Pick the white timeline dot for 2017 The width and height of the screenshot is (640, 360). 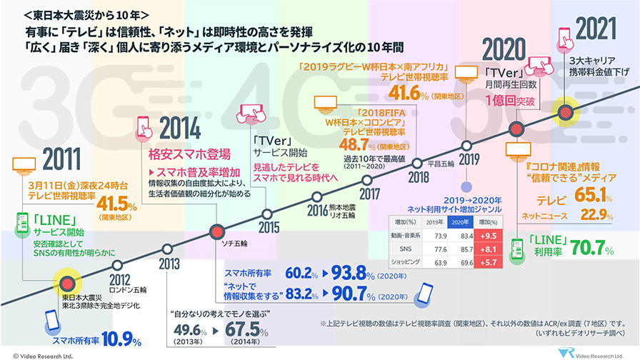coord(369,180)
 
